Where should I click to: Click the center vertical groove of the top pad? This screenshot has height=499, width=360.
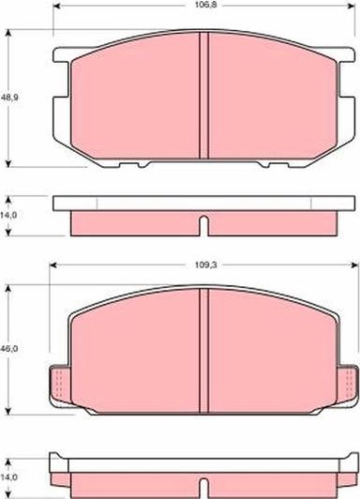pyautogui.click(x=204, y=98)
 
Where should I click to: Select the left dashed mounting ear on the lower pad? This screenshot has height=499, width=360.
pyautogui.click(x=58, y=383)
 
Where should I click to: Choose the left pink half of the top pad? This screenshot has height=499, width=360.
pyautogui.click(x=136, y=98)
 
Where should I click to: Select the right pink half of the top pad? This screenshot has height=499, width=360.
pyautogui.click(x=272, y=98)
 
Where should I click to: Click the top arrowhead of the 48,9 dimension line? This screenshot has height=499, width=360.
pyautogui.click(x=8, y=32)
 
